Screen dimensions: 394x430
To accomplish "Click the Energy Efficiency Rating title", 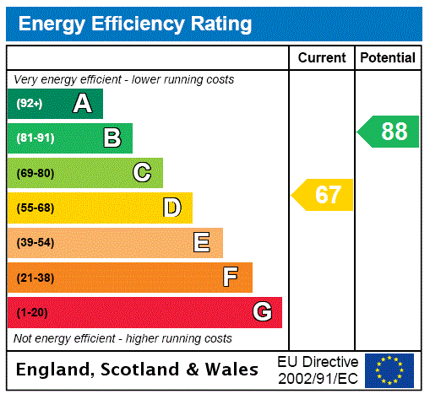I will [x=135, y=24].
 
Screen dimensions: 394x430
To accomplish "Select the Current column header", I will [x=322, y=58].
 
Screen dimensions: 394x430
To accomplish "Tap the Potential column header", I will [x=388, y=58].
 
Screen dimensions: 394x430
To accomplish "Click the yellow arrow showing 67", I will [x=324, y=195].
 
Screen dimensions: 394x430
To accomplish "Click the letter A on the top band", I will [x=82, y=104].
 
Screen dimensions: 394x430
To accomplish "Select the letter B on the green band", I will [x=112, y=138].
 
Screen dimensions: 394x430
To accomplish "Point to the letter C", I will [x=142, y=173].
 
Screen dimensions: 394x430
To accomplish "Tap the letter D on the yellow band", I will [x=171, y=208].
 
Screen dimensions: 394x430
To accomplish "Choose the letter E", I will [x=202, y=243].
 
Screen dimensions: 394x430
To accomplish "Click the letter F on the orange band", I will [x=231, y=278].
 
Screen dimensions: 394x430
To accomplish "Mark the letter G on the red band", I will [x=262, y=312].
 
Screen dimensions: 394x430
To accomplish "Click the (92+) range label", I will [x=29, y=104].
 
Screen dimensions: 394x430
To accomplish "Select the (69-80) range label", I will [x=35, y=173].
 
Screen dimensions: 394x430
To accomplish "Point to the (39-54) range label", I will [x=35, y=243].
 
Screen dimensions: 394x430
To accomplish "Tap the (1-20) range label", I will [x=32, y=313].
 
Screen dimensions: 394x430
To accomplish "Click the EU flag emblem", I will [x=389, y=370].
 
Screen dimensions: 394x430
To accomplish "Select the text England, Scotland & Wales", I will [x=138, y=370].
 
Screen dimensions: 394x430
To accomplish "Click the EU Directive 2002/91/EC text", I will [x=318, y=370].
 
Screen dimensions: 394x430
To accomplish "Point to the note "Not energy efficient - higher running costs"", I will [x=122, y=338].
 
